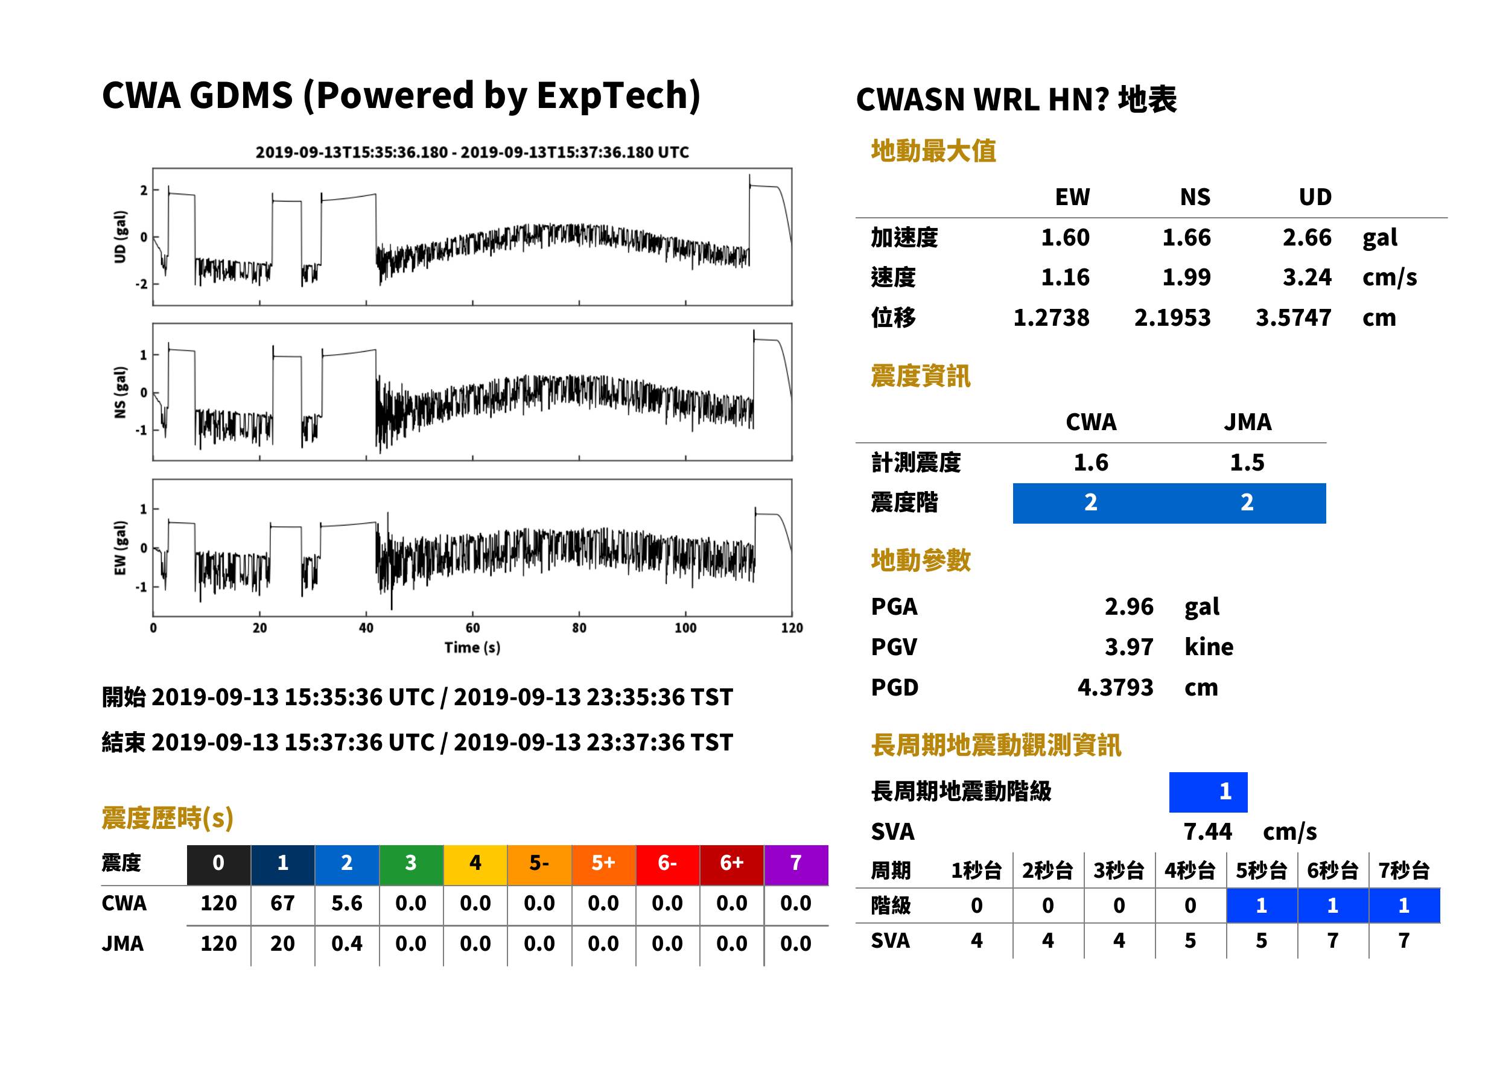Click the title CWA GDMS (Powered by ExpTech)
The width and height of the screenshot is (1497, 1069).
401,96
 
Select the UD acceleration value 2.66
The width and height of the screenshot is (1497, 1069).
1307,237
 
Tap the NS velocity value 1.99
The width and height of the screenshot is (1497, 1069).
1186,277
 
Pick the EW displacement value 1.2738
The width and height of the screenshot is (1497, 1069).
1051,317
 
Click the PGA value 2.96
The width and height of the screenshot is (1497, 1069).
1129,606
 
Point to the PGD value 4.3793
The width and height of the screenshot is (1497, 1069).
1115,687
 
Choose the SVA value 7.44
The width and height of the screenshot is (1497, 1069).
1207,831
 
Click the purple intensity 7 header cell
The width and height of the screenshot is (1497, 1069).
796,864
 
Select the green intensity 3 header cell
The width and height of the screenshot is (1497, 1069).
411,864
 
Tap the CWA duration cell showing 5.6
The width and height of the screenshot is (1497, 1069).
347,903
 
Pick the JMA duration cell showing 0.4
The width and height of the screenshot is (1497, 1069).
347,944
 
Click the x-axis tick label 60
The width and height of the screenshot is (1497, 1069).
472,628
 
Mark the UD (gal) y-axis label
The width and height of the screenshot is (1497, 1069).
120,237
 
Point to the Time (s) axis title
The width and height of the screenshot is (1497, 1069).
472,648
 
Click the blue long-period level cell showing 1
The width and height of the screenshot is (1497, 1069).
1208,792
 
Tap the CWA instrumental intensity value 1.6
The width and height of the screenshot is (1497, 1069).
1091,462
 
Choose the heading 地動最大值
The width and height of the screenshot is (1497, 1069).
933,151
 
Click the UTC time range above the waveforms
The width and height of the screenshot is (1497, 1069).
472,152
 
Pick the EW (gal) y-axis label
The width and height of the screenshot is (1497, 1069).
120,548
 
